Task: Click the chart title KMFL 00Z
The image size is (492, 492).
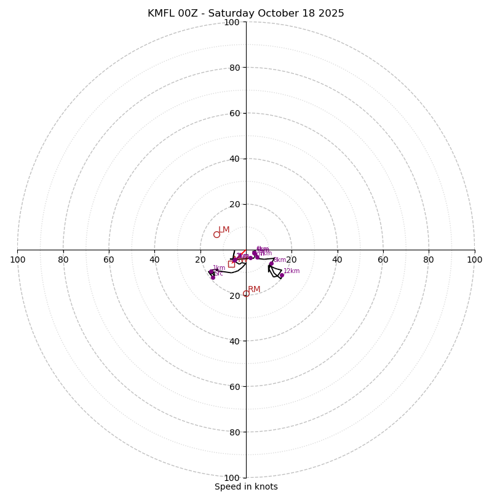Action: (245, 14)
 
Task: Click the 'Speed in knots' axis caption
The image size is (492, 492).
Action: (246, 486)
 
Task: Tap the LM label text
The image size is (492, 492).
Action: (224, 230)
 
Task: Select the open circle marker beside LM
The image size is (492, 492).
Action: (216, 234)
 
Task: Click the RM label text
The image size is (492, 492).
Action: (254, 290)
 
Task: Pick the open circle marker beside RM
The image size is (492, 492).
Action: (246, 293)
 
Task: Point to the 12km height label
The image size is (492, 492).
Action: (292, 271)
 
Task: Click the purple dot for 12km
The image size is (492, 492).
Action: (282, 276)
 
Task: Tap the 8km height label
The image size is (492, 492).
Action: (280, 260)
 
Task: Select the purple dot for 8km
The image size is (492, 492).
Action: (271, 264)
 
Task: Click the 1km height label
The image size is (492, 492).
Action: (219, 268)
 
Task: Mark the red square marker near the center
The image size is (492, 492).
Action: (231, 264)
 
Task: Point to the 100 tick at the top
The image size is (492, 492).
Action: (231, 22)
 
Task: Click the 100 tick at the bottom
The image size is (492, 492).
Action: (231, 478)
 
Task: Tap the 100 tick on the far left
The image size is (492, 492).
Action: (17, 260)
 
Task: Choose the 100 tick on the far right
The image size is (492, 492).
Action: (474, 260)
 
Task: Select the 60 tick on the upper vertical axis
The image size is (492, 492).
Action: (234, 113)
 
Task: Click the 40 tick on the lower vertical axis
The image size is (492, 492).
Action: (234, 341)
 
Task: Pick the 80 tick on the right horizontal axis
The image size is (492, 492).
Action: (429, 260)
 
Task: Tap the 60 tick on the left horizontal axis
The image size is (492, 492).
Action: (109, 260)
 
